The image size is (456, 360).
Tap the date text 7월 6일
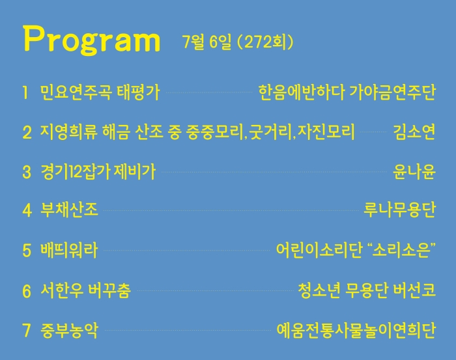coord(207,42)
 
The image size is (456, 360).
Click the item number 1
coord(25,92)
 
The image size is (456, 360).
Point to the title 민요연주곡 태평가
coord(100,92)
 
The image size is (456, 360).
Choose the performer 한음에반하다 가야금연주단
coord(347,92)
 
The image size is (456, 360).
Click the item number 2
coord(27,132)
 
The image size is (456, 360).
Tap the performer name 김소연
coord(414,132)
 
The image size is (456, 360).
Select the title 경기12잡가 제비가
coord(98,172)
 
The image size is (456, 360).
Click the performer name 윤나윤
coord(414,172)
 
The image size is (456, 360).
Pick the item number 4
coord(27,210)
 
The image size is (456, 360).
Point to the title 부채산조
coord(69,210)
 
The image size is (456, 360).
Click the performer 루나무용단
coord(399,210)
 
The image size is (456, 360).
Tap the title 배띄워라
coord(69,250)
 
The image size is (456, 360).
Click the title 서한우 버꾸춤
coord(85,290)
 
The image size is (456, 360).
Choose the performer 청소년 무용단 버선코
coord(367,290)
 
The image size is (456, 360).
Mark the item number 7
coord(27,330)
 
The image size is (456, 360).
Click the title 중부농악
coord(69,330)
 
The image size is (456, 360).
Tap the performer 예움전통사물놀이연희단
coord(356,330)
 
